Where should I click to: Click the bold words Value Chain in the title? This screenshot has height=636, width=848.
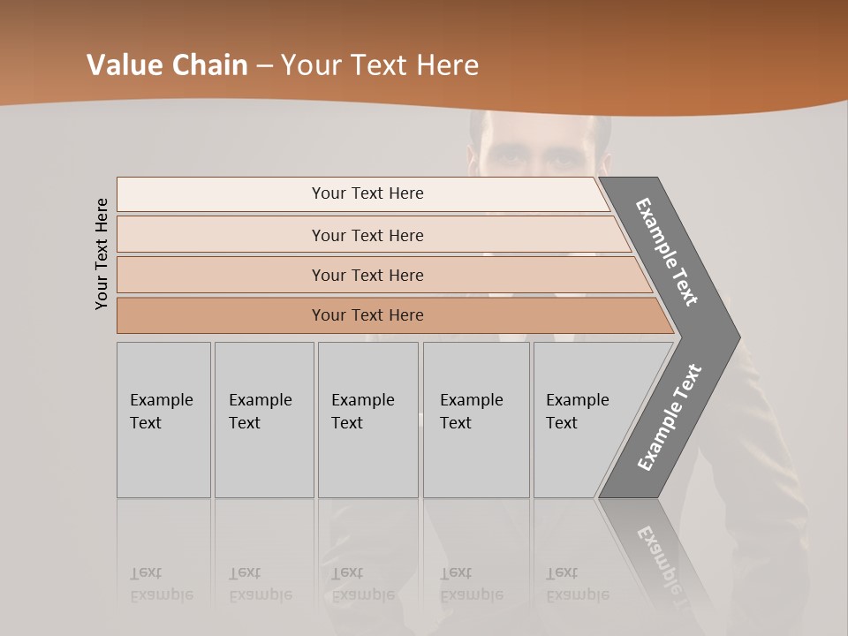(167, 65)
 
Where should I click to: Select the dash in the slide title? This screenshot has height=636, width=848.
(264, 65)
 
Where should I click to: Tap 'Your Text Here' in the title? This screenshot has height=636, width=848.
(380, 65)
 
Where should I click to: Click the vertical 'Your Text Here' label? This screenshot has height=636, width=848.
(102, 254)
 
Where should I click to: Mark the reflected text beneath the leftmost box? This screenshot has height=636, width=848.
(161, 584)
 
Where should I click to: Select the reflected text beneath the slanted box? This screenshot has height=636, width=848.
(577, 584)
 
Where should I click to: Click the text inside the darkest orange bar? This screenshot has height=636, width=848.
(367, 315)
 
